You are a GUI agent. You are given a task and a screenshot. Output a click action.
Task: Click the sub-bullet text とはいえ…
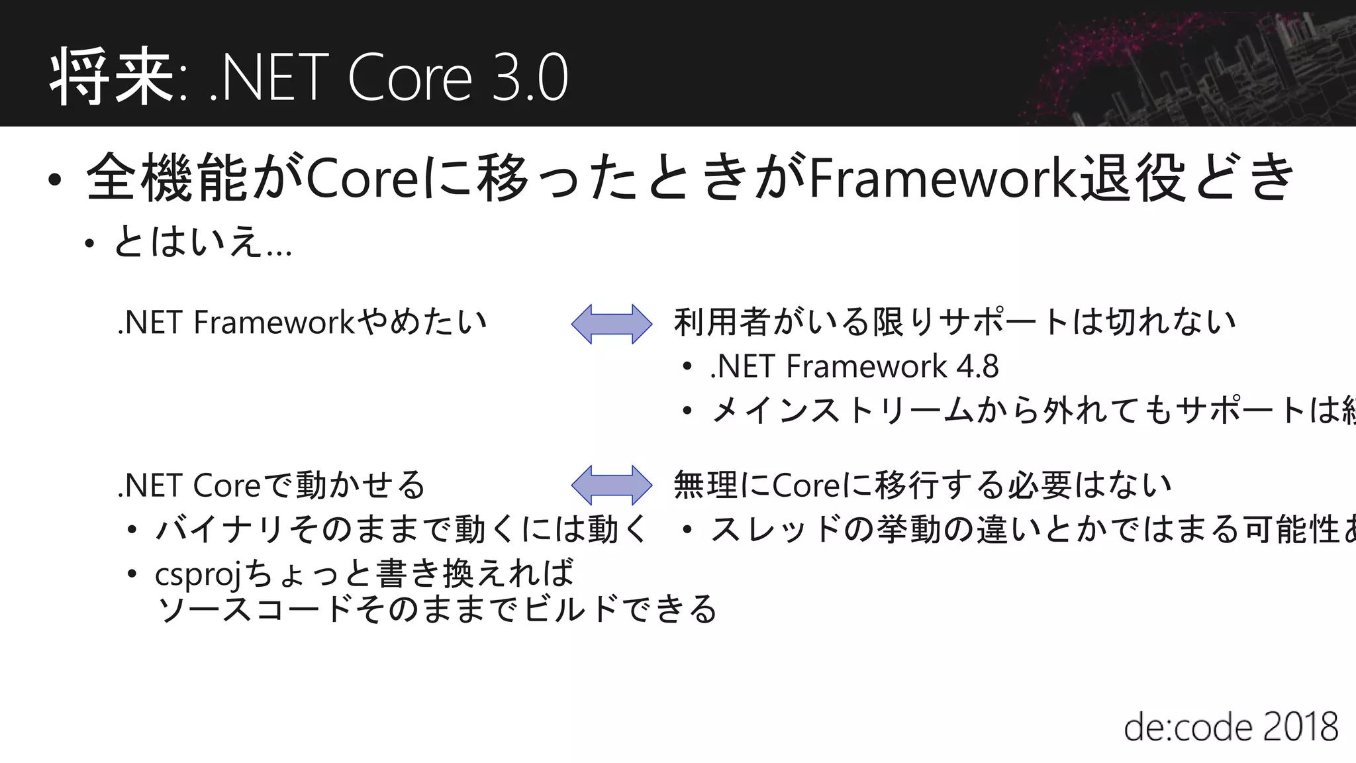[202, 242]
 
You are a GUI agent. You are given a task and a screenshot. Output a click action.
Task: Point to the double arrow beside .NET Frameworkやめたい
[612, 324]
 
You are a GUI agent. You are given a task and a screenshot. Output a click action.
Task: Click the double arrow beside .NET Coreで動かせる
[612, 485]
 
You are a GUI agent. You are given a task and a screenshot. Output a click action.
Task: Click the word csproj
[197, 574]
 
